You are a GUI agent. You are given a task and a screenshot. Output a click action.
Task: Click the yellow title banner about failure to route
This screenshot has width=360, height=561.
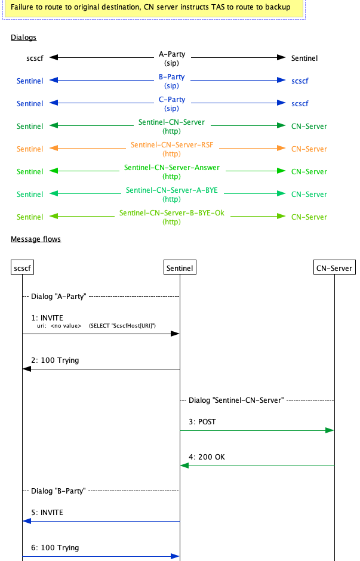click(x=150, y=8)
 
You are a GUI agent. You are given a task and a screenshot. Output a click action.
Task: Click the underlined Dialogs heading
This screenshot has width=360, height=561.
click(x=23, y=38)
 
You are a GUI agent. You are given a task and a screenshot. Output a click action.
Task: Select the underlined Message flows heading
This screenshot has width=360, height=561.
click(x=35, y=239)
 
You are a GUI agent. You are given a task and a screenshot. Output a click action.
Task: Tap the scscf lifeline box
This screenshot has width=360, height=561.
click(x=22, y=269)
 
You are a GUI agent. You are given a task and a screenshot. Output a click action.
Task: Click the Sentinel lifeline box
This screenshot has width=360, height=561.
click(x=179, y=269)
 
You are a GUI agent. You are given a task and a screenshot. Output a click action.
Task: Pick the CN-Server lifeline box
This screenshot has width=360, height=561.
click(x=334, y=269)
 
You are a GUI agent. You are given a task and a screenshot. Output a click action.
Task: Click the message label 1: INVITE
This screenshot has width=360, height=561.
click(x=47, y=318)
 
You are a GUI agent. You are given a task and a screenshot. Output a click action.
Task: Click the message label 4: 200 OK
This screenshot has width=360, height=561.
click(x=207, y=457)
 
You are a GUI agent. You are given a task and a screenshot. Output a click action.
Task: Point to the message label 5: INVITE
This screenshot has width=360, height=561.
click(x=47, y=512)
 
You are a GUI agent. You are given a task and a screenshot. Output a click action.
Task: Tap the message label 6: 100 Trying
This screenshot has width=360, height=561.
click(x=55, y=547)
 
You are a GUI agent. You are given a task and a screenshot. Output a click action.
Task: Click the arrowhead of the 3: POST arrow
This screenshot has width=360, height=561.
click(x=330, y=430)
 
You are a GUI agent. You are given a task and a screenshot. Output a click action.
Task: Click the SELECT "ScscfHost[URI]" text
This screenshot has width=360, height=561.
click(x=122, y=326)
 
